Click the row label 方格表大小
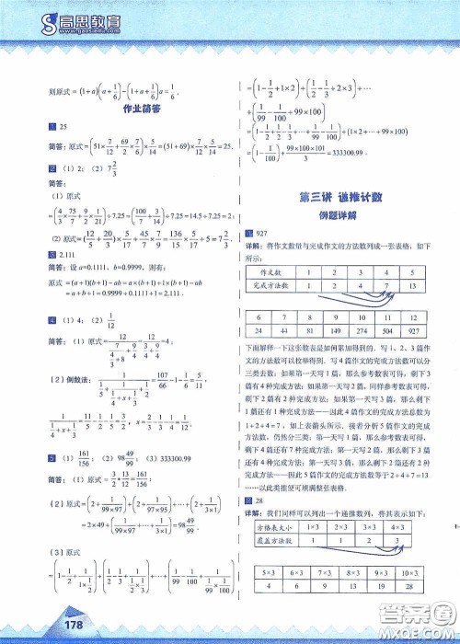pyautogui.click(x=280, y=531)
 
